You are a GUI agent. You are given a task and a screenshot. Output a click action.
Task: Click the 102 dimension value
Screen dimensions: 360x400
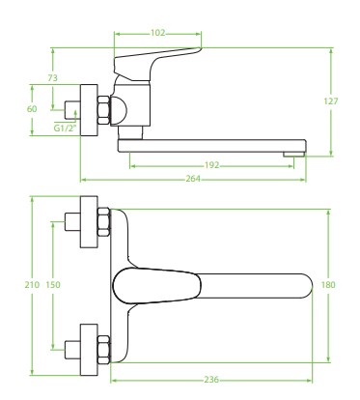click(157, 33)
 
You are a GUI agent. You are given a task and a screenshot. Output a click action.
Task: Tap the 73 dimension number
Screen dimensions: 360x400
click(52, 77)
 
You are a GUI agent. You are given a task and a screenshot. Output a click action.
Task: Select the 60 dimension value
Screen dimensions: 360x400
click(32, 109)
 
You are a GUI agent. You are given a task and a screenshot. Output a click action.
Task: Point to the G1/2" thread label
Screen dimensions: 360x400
click(66, 129)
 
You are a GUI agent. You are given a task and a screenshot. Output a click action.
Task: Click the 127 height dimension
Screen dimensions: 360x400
click(331, 101)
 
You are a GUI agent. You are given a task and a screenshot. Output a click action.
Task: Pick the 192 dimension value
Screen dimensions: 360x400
click(211, 165)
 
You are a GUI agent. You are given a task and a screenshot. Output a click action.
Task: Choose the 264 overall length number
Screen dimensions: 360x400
click(193, 179)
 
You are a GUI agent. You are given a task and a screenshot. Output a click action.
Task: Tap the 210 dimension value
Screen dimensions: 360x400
click(32, 285)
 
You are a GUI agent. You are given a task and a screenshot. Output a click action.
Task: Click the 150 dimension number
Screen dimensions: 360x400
click(53, 285)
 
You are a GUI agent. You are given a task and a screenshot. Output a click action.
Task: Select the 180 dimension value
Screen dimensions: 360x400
click(328, 285)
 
